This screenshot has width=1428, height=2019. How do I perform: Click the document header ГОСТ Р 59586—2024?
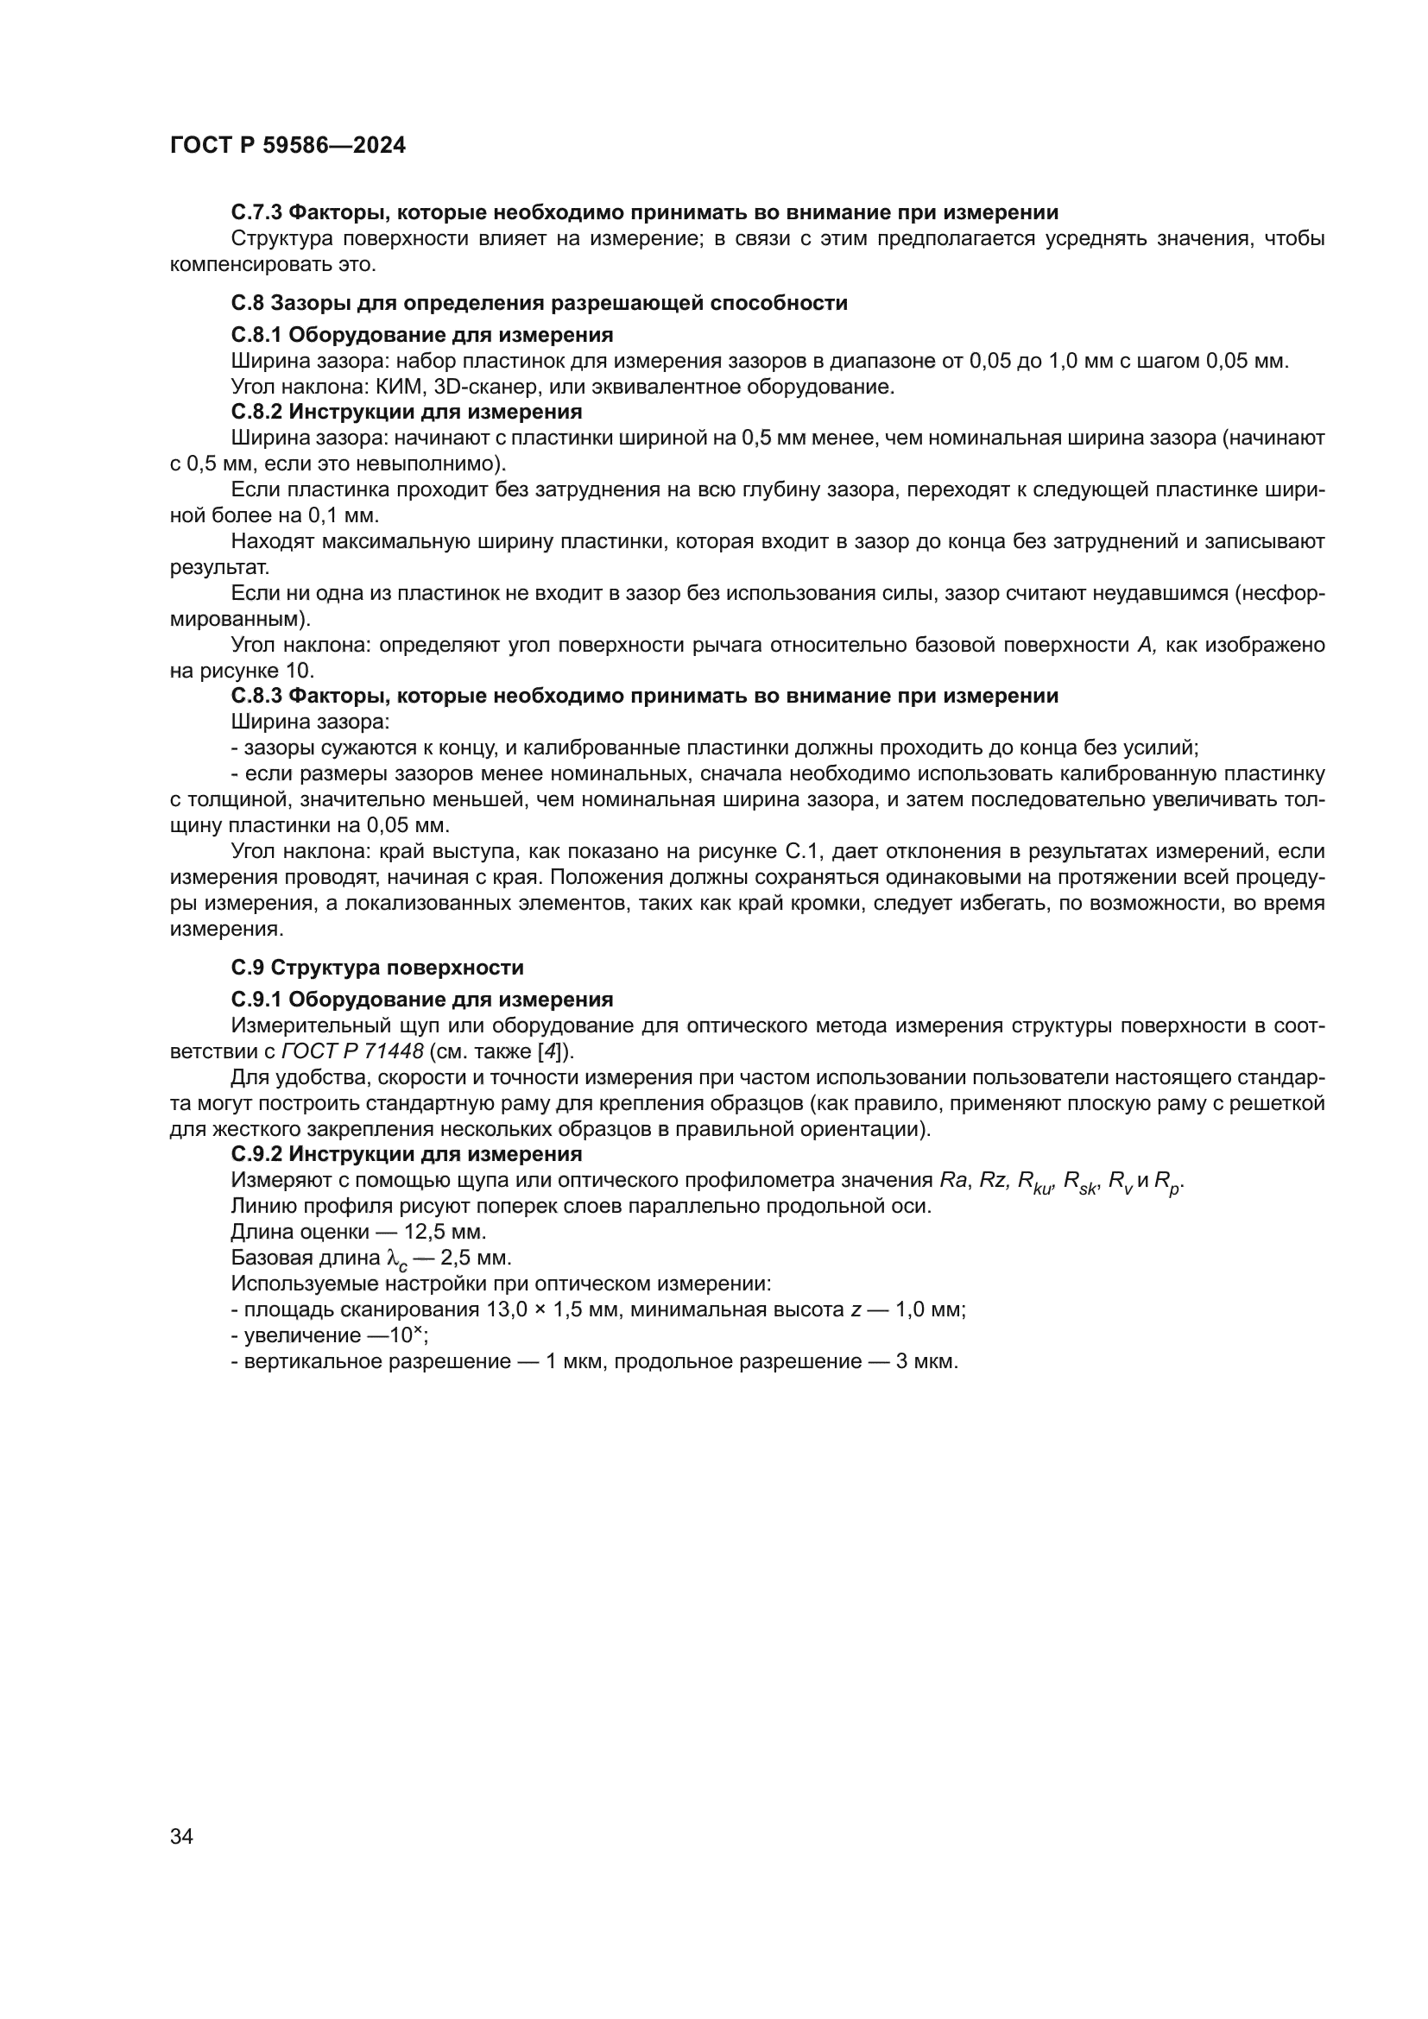pos(287,146)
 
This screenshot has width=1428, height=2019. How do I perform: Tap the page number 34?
pos(181,1836)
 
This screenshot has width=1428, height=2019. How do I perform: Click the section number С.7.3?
pos(256,212)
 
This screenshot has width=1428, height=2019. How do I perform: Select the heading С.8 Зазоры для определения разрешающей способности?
pos(539,303)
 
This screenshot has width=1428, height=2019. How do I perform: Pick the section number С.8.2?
pos(256,412)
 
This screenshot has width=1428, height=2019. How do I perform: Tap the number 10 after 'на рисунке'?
pos(300,671)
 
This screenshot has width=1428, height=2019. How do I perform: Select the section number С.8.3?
pos(256,697)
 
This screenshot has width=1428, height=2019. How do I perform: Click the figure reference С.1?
pos(801,851)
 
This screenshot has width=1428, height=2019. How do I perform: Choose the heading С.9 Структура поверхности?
pos(377,968)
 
